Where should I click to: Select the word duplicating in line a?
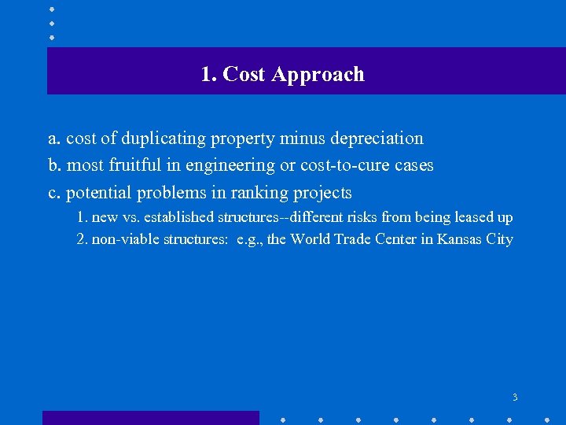tap(160, 139)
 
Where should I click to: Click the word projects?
tap(322, 193)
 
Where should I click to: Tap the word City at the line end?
tap(499, 239)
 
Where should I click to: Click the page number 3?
tap(515, 397)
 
